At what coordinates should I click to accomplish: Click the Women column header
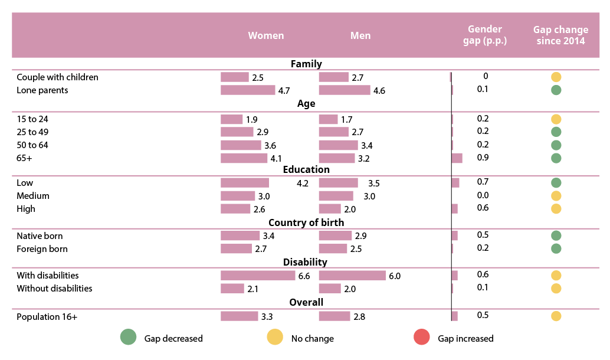click(x=265, y=35)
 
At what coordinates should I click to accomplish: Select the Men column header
click(x=360, y=35)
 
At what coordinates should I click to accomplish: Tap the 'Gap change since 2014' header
click(x=560, y=35)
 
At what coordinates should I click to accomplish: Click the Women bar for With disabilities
click(x=257, y=276)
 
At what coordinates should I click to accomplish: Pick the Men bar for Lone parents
click(x=345, y=90)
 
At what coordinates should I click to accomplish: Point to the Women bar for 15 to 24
click(x=231, y=119)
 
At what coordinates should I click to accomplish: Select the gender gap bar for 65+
click(x=457, y=158)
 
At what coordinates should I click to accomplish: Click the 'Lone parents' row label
click(x=42, y=90)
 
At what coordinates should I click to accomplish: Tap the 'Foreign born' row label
click(x=42, y=249)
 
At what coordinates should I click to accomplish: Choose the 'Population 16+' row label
click(x=47, y=317)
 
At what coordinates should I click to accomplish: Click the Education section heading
click(x=306, y=170)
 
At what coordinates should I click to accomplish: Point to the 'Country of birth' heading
click(x=306, y=223)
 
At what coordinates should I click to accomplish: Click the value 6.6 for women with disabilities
click(x=304, y=276)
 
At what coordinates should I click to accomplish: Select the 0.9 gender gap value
click(x=483, y=158)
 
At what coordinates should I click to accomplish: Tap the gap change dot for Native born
click(x=556, y=235)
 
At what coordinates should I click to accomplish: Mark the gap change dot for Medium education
click(x=556, y=196)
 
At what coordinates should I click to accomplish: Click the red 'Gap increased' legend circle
click(x=421, y=338)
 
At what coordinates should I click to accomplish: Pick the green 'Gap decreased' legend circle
click(x=128, y=338)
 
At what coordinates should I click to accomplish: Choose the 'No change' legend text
click(x=312, y=339)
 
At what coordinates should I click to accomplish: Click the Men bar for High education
click(x=330, y=209)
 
